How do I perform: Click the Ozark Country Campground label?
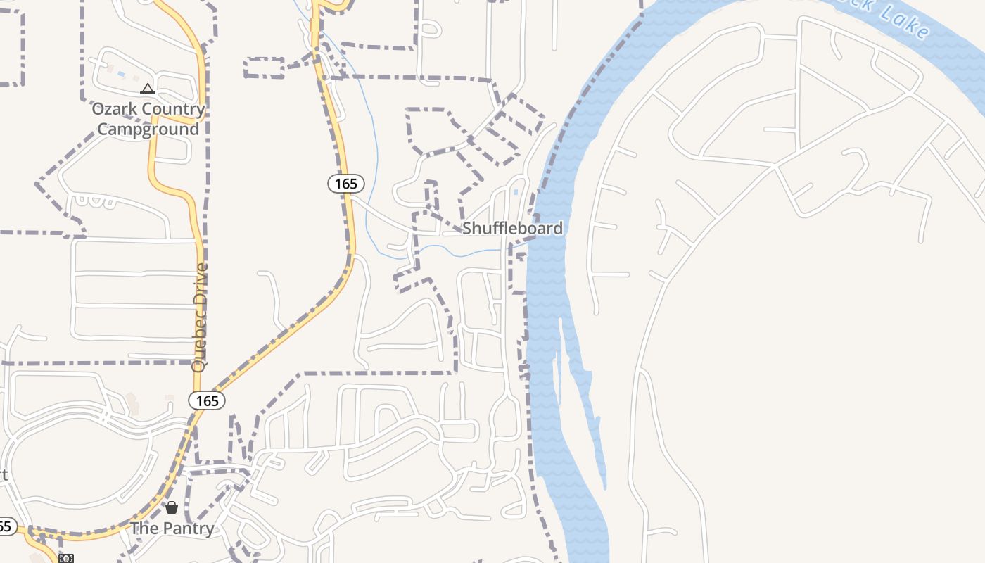148,119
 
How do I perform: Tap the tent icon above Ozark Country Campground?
147,89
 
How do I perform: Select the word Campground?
148,129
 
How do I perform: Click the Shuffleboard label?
512,228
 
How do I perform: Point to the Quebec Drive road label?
201,317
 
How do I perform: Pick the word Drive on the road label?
202,281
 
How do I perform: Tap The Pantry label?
172,529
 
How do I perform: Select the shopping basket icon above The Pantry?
172,507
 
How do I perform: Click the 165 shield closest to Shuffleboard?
346,184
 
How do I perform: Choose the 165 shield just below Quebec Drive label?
207,400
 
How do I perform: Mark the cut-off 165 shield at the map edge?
6,526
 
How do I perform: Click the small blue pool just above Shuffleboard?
516,192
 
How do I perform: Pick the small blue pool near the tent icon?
121,74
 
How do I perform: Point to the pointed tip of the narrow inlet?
605,487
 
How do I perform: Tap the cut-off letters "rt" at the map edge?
4,474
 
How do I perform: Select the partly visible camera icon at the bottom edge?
66,559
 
